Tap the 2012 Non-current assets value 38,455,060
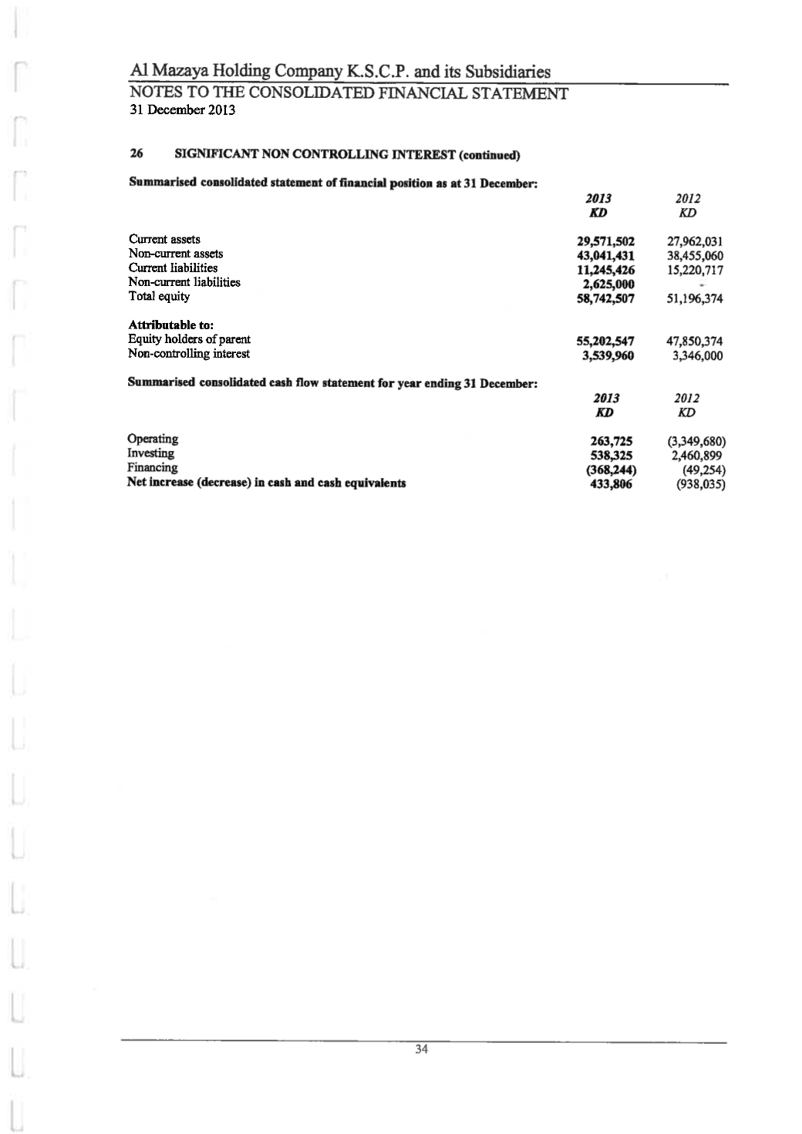coord(694,256)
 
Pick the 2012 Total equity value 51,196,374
coord(694,299)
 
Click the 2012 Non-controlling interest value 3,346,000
coord(697,356)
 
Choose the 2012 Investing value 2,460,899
coord(697,456)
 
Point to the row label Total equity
coord(159,297)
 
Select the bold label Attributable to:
coord(167,325)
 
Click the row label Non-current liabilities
coord(184,282)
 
